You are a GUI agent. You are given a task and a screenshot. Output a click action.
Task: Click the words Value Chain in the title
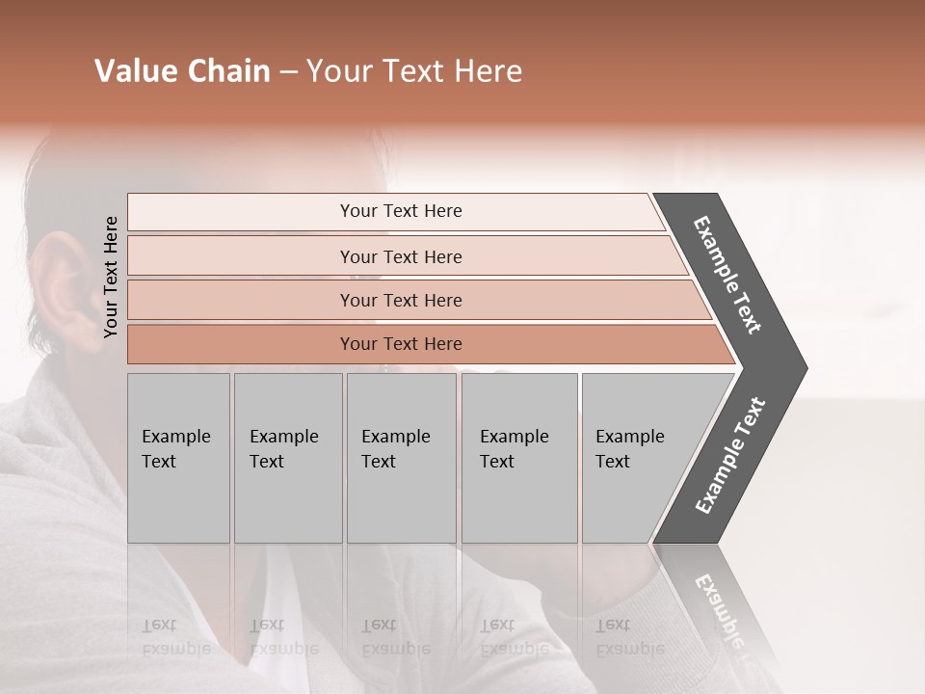(x=182, y=71)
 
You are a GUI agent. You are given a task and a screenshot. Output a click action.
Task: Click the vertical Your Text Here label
(x=111, y=277)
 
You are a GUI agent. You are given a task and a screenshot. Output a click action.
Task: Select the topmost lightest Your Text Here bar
(x=400, y=211)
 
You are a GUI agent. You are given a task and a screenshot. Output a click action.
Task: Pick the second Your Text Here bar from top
(x=400, y=256)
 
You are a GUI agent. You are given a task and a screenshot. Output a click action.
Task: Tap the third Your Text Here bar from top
(x=400, y=300)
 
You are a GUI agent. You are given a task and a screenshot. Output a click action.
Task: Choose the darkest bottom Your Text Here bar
(x=400, y=344)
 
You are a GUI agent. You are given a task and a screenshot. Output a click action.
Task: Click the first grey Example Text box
(x=178, y=458)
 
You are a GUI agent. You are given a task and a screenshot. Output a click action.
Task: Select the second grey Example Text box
(x=288, y=458)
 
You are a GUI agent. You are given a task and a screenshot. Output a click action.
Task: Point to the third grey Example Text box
(x=401, y=458)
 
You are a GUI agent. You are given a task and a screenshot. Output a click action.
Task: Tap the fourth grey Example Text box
(x=519, y=458)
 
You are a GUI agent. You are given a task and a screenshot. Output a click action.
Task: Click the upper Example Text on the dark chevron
(x=727, y=276)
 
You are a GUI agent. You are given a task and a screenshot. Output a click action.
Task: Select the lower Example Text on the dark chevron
(x=730, y=456)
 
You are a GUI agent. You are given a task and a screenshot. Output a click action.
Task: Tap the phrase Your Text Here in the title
(x=414, y=71)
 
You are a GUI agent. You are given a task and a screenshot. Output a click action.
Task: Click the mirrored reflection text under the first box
(x=176, y=636)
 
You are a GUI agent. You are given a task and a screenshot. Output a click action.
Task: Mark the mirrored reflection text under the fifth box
(x=630, y=636)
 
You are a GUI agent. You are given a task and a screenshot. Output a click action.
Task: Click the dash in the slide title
(x=288, y=72)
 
